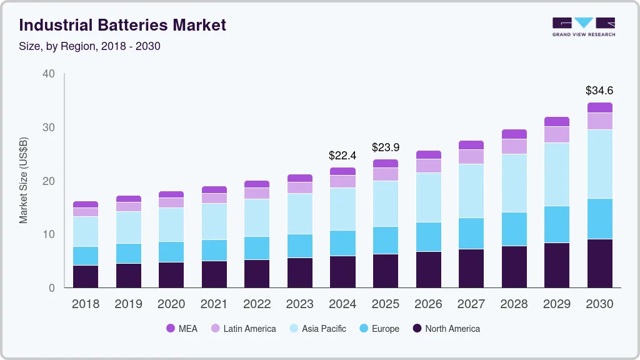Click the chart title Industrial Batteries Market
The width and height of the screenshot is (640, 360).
[x=122, y=25]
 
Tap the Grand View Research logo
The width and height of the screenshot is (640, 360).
[x=583, y=26]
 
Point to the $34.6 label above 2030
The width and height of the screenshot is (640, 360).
[x=599, y=91]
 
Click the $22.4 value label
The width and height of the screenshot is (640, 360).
[x=342, y=155]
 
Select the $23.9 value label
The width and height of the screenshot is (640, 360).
[x=386, y=147]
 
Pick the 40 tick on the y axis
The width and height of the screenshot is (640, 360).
[x=48, y=74]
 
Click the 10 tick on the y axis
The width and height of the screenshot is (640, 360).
[x=48, y=234]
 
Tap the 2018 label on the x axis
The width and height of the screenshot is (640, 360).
[x=85, y=304]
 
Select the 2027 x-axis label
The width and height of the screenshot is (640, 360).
[x=471, y=304]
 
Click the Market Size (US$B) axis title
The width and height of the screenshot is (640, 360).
[x=24, y=181]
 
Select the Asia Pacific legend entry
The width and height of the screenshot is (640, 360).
[x=317, y=329]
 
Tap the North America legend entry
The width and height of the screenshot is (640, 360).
[x=446, y=329]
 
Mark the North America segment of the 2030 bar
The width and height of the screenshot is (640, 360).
[x=600, y=263]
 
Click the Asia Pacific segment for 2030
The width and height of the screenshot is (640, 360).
[x=600, y=164]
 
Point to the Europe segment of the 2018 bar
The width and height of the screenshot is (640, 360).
[x=85, y=256]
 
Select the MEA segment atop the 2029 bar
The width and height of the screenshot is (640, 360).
[x=557, y=121]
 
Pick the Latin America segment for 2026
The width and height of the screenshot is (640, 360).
[x=428, y=166]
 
